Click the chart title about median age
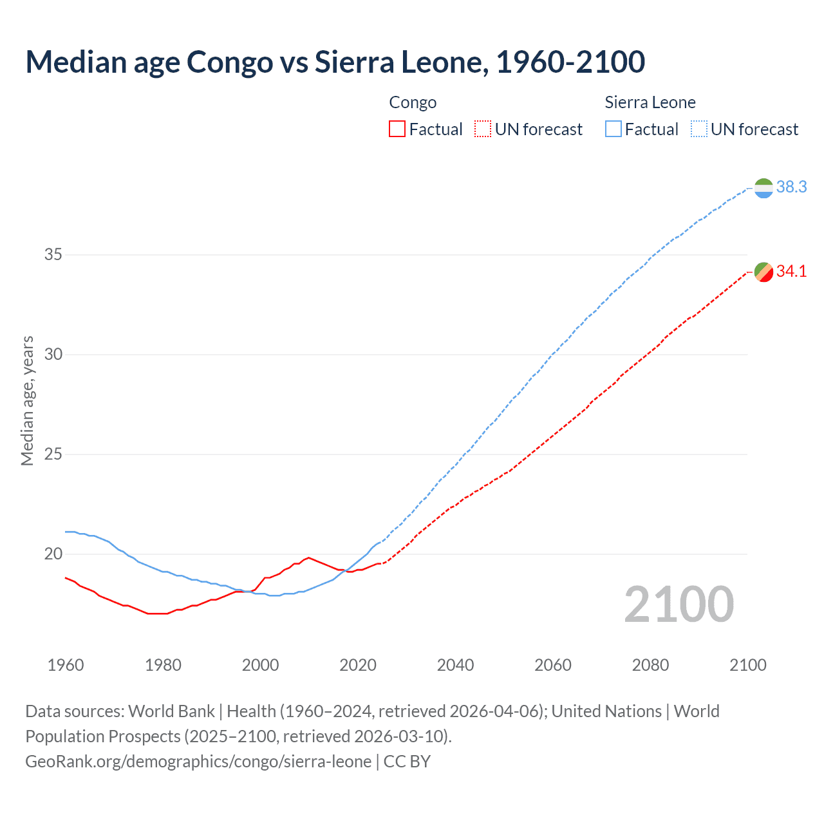tap(335, 62)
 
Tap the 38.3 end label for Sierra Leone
tap(791, 187)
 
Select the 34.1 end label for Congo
tap(791, 272)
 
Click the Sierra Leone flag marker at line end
tap(763, 189)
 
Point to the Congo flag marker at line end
tap(763, 272)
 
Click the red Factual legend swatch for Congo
tap(397, 129)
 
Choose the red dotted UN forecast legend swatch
tap(483, 129)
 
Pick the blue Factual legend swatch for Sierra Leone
tap(613, 129)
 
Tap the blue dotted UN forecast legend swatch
tap(699, 129)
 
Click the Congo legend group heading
tap(413, 102)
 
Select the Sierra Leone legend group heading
tap(650, 102)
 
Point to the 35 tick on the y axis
tap(53, 255)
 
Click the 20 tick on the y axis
tap(53, 554)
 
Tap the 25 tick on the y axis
tap(53, 454)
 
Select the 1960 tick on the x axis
tap(66, 665)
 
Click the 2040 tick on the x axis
tap(455, 665)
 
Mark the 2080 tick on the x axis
tap(650, 665)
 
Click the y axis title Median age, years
tap(27, 400)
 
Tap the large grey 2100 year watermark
tap(679, 604)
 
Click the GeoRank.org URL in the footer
tap(198, 762)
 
